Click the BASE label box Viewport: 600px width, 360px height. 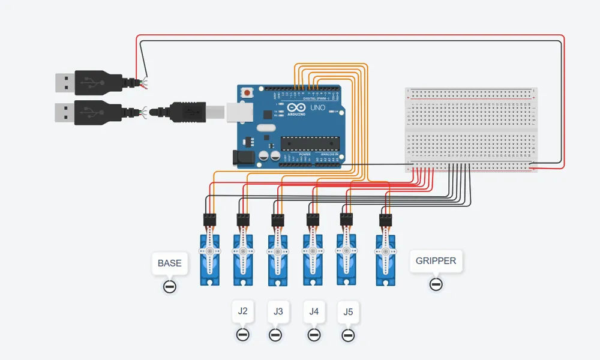tap(169, 263)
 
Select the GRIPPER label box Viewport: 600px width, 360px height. tap(436, 261)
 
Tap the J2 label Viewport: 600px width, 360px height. tap(243, 311)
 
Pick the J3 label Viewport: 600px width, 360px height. tap(278, 312)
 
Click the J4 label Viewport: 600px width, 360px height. tap(314, 311)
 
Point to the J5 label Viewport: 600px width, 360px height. tap(349, 312)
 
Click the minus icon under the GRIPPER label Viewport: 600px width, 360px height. tap(436, 284)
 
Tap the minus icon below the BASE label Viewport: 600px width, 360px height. tap(169, 286)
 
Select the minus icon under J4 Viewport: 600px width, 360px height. tap(314, 335)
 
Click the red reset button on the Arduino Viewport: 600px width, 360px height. tap(247, 93)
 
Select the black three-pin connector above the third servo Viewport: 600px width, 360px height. tap(278, 219)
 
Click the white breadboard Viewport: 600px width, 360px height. tap(471, 129)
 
